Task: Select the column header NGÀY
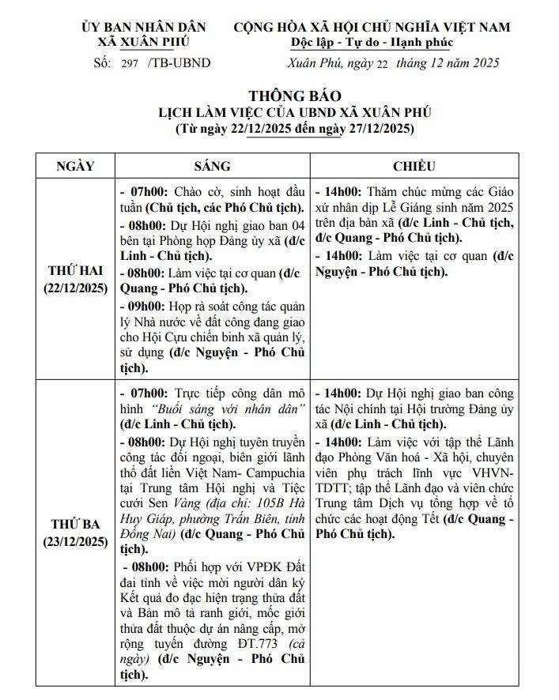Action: click(75, 166)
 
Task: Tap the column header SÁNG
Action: click(212, 166)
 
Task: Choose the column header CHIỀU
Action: click(414, 166)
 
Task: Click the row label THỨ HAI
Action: click(75, 271)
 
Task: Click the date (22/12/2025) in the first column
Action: click(75, 287)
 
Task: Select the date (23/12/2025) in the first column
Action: click(75, 541)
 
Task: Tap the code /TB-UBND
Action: click(179, 63)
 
